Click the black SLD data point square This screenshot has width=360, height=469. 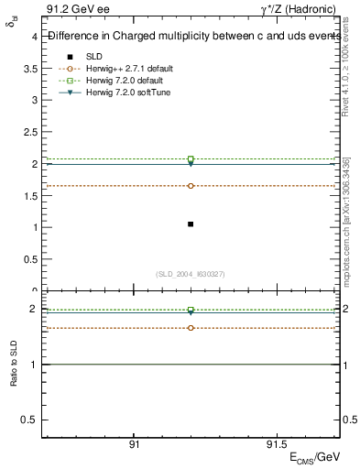(191, 224)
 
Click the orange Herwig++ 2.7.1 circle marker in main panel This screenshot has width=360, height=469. (191, 186)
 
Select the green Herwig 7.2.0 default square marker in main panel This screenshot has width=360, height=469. (191, 159)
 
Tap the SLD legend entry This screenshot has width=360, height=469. (94, 57)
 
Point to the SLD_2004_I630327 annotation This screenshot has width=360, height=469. (191, 274)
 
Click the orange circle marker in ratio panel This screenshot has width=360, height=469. (191, 327)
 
